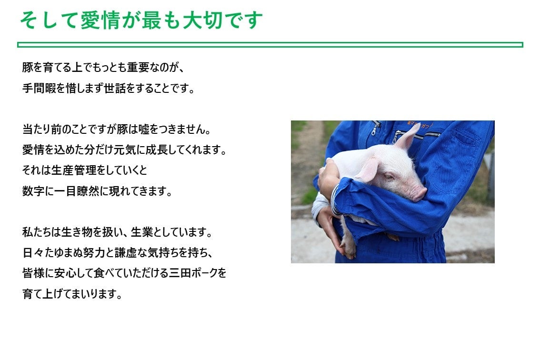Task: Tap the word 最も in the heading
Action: pyautogui.click(x=161, y=20)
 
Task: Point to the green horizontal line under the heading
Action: pyautogui.click(x=270, y=45)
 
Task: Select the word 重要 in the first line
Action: pyautogui.click(x=138, y=67)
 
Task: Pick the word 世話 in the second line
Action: pyautogui.click(x=115, y=88)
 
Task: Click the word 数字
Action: pyautogui.click(x=33, y=191)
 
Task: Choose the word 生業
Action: pyautogui.click(x=141, y=232)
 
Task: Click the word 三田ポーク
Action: pyautogui.click(x=194, y=273)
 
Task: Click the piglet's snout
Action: pyautogui.click(x=420, y=194)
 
